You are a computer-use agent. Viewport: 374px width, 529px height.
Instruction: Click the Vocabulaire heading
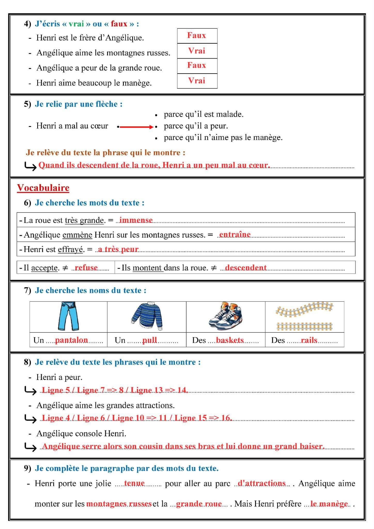click(x=43, y=188)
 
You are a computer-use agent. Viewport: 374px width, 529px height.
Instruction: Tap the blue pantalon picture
click(x=68, y=316)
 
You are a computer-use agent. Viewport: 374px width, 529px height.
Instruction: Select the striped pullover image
click(x=147, y=316)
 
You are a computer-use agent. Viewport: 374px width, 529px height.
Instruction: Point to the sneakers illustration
click(x=225, y=316)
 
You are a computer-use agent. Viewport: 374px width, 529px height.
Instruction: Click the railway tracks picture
click(x=305, y=316)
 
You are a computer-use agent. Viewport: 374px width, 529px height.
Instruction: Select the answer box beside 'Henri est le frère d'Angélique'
click(x=197, y=36)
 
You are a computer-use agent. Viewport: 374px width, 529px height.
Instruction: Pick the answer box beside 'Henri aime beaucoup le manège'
click(x=197, y=81)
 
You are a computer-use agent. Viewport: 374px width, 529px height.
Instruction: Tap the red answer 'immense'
click(x=136, y=220)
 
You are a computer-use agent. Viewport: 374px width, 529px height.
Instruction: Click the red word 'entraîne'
click(x=235, y=235)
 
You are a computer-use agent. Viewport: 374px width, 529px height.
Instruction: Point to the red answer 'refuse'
click(x=86, y=268)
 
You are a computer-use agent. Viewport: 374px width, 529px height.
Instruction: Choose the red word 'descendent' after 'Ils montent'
click(x=246, y=268)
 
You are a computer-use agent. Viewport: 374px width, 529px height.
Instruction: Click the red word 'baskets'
click(x=230, y=340)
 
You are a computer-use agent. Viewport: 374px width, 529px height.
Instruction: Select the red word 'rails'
click(x=309, y=340)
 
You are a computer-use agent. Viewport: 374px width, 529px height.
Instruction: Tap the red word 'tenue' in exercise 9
click(x=134, y=483)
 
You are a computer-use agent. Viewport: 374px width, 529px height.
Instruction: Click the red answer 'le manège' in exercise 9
click(x=329, y=504)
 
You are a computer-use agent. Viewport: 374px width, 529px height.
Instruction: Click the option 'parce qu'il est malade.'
click(x=204, y=114)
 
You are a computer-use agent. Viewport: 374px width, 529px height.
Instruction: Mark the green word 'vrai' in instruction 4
click(x=76, y=24)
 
